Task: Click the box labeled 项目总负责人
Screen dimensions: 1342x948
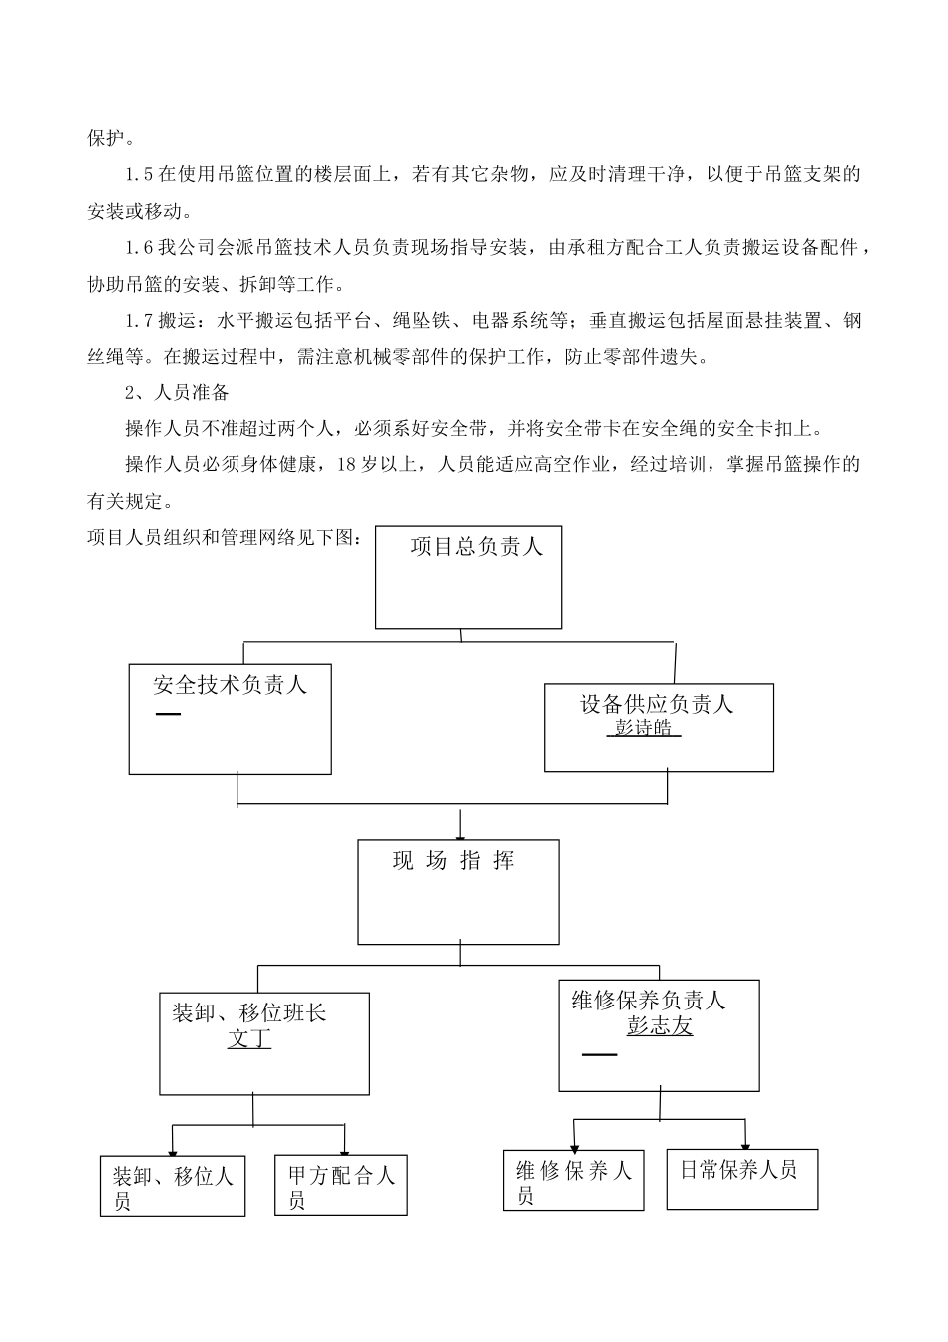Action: [x=468, y=577]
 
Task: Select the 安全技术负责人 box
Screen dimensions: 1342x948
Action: [x=230, y=719]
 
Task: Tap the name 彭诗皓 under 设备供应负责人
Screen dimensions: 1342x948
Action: [x=643, y=728]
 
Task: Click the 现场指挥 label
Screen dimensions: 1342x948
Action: [x=454, y=861]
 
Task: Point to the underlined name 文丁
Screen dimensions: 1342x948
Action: [x=249, y=1039]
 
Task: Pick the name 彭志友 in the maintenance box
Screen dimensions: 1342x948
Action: [x=659, y=1026]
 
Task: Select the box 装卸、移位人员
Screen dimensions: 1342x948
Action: [x=173, y=1186]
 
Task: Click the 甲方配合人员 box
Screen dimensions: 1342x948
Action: [x=340, y=1186]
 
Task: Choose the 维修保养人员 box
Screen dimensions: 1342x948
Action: [x=573, y=1181]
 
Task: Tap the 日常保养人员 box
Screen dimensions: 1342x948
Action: [x=741, y=1178]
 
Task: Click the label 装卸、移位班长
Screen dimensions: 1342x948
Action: [x=249, y=1013]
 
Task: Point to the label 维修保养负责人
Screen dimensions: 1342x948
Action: [x=649, y=1000]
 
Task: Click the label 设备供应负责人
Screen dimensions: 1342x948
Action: [x=657, y=705]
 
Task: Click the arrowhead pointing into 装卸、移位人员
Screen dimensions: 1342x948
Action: [x=173, y=1150]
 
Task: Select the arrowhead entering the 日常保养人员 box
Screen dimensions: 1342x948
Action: [x=744, y=1143]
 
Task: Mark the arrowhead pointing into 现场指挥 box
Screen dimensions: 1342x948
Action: [x=459, y=834]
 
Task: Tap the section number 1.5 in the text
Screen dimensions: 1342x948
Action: [x=139, y=175]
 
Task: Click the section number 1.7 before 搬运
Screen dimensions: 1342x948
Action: [x=139, y=321]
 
